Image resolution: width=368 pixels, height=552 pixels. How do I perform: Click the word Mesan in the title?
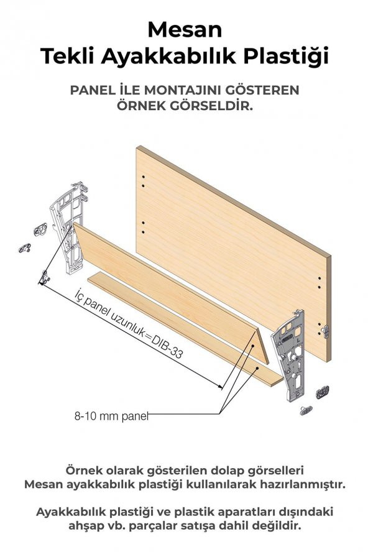click(x=183, y=29)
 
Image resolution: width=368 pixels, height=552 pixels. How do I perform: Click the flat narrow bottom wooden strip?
click(x=180, y=326)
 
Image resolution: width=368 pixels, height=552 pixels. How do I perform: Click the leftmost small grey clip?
click(x=25, y=248)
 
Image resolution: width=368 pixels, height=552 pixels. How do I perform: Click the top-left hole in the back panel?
click(x=143, y=178)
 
